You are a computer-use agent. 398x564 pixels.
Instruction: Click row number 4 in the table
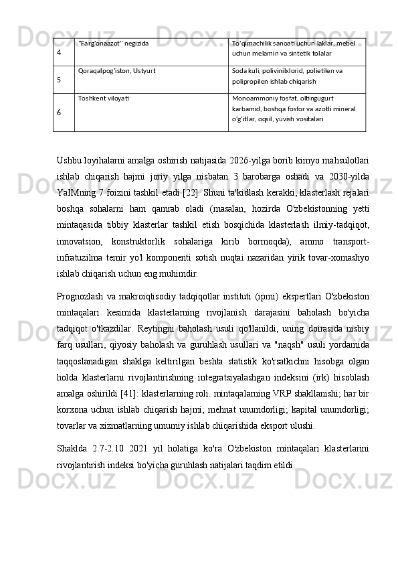[x=60, y=51]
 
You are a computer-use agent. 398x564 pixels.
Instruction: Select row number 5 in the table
[x=60, y=79]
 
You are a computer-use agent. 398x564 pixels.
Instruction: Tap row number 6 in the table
[x=60, y=112]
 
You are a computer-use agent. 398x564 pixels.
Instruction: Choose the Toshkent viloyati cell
[x=104, y=98]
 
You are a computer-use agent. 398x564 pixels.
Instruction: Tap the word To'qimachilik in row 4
[x=254, y=43]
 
